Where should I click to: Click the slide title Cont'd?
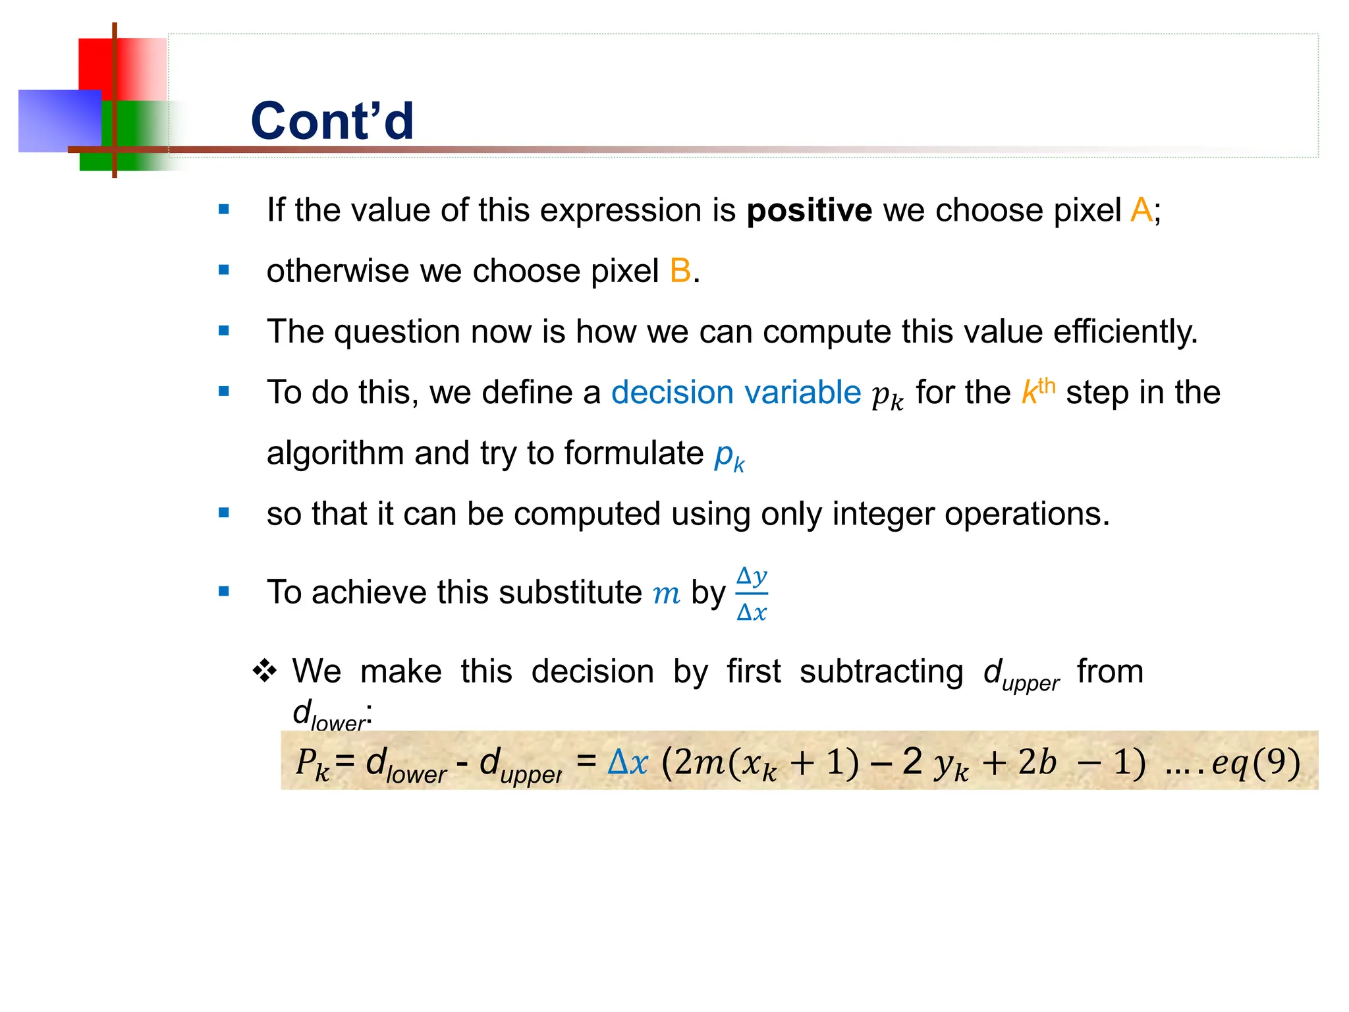coord(332,121)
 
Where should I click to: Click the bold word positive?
coord(809,211)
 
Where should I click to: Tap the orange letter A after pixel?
coord(1141,211)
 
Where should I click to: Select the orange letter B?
coord(680,271)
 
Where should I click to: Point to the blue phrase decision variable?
coord(736,393)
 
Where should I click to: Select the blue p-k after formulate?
coord(729,455)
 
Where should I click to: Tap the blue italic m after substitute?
coord(666,593)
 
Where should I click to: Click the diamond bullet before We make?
coord(265,671)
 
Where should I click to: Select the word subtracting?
coord(881,672)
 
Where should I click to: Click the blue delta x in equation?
coord(627,762)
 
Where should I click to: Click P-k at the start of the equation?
coord(312,764)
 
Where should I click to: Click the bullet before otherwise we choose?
coord(224,270)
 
